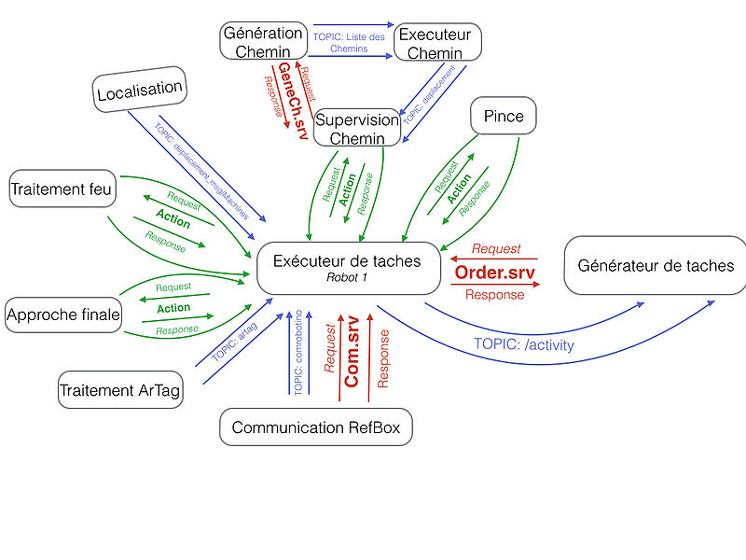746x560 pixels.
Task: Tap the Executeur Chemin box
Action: click(x=435, y=43)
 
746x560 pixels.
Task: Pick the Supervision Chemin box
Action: click(x=358, y=129)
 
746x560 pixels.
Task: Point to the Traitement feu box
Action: click(x=62, y=189)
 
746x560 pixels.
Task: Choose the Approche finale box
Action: click(x=63, y=315)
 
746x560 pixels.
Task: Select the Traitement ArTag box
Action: click(x=120, y=390)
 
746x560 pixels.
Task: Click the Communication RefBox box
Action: click(x=316, y=427)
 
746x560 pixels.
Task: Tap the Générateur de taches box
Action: click(x=656, y=266)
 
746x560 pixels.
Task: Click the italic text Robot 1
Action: click(x=348, y=277)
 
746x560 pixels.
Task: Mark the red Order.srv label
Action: click(x=495, y=272)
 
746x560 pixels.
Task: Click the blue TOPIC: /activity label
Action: click(x=524, y=343)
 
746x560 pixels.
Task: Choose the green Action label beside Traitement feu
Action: click(x=173, y=222)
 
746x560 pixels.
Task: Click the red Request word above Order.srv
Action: click(x=496, y=249)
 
